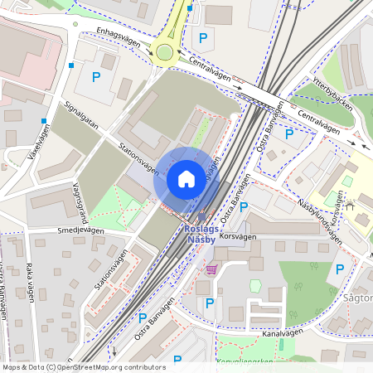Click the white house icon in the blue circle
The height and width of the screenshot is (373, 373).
pos(186,179)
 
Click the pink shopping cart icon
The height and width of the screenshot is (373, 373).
pos(211,269)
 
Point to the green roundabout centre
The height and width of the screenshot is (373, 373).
pos(163,53)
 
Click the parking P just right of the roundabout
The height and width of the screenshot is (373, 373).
pos(202,37)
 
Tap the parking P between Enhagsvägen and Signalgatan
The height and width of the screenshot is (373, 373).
pos(96,78)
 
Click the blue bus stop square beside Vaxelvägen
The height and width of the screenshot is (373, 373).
pos(43,121)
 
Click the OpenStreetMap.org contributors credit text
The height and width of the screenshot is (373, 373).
pos(112,367)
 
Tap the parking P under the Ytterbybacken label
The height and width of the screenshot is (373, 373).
pos(288,133)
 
